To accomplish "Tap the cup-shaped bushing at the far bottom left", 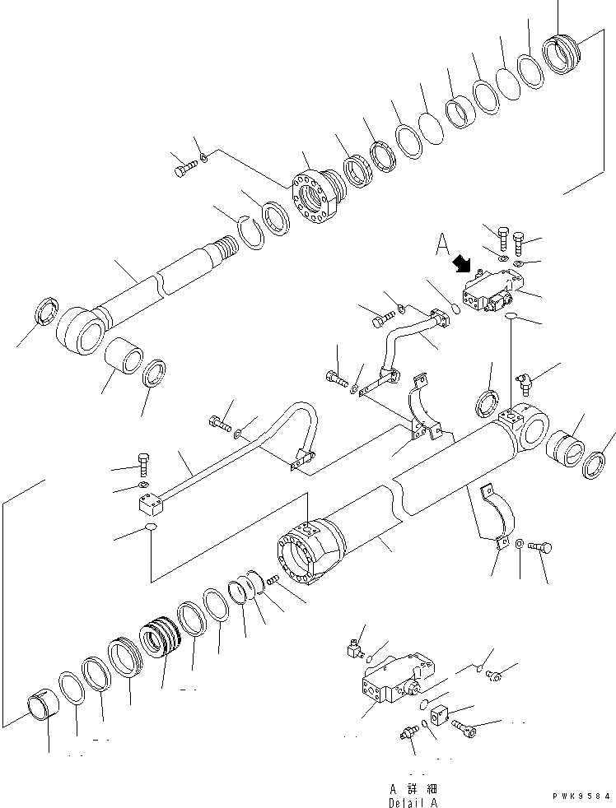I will (x=43, y=708).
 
